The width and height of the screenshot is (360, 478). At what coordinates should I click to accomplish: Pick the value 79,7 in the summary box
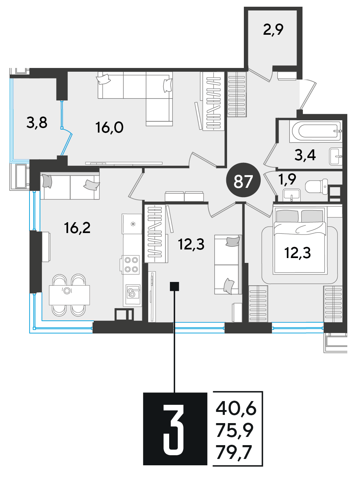pyautogui.click(x=234, y=452)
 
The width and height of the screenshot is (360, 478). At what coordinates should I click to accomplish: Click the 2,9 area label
pyautogui.click(x=273, y=30)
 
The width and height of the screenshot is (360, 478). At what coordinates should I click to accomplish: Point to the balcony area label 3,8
pyautogui.click(x=37, y=122)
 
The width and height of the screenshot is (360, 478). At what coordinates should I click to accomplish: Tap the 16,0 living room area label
pyautogui.click(x=109, y=127)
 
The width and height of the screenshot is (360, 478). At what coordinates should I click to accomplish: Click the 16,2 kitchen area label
pyautogui.click(x=77, y=228)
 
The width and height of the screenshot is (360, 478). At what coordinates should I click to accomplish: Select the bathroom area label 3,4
pyautogui.click(x=305, y=155)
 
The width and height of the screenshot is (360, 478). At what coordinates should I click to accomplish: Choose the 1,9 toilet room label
pyautogui.click(x=287, y=180)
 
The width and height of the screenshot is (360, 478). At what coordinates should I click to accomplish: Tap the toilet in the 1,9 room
pyautogui.click(x=317, y=187)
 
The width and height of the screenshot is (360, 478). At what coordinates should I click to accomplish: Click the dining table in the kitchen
pyautogui.click(x=69, y=295)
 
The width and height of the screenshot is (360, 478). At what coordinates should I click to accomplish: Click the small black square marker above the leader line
pyautogui.click(x=174, y=286)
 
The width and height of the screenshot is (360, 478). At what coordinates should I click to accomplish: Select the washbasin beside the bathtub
pyautogui.click(x=336, y=156)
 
